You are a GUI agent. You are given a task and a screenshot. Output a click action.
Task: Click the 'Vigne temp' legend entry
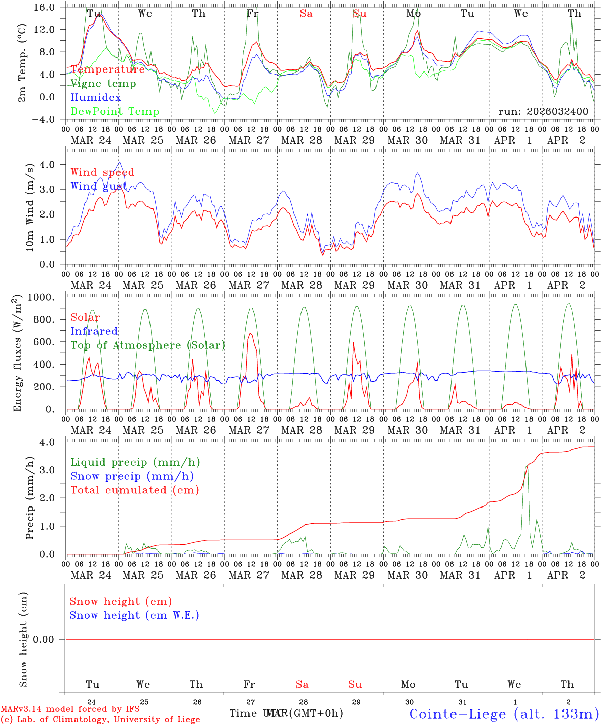pos(103,84)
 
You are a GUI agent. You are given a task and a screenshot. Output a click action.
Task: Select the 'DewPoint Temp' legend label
pos(115,112)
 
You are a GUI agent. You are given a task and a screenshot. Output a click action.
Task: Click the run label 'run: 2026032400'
pos(543,112)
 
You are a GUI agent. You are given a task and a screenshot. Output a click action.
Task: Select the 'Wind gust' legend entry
pos(99,186)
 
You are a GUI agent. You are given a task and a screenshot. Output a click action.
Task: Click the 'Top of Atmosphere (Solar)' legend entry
pos(147,345)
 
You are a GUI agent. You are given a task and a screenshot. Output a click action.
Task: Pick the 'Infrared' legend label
pos(94,331)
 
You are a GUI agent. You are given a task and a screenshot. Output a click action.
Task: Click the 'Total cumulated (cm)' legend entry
pos(134,490)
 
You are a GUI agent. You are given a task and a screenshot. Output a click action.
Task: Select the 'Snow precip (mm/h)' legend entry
pos(132,476)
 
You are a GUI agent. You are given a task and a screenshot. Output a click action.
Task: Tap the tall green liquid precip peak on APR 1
pos(527,467)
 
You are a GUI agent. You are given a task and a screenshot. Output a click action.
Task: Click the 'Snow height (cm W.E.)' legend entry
pos(134,615)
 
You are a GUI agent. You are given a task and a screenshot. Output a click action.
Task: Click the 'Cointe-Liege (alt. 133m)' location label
pos(504,714)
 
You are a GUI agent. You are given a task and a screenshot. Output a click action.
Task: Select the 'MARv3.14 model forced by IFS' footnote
pos(70,709)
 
